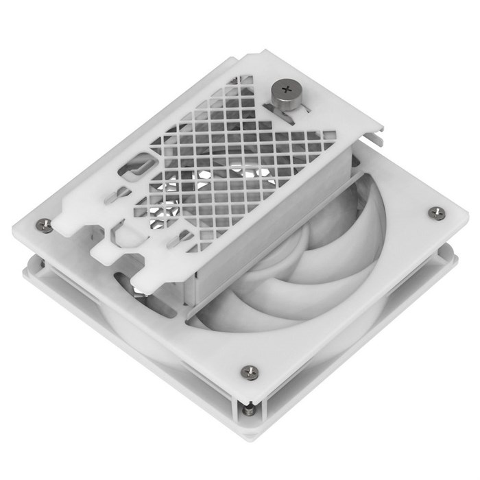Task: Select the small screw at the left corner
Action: [45, 224]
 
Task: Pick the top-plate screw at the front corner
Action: [249, 372]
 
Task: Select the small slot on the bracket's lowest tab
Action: [183, 237]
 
